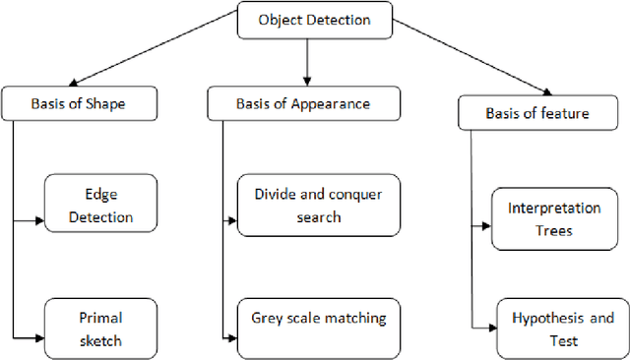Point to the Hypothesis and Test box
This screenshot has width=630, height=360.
[x=561, y=329]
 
